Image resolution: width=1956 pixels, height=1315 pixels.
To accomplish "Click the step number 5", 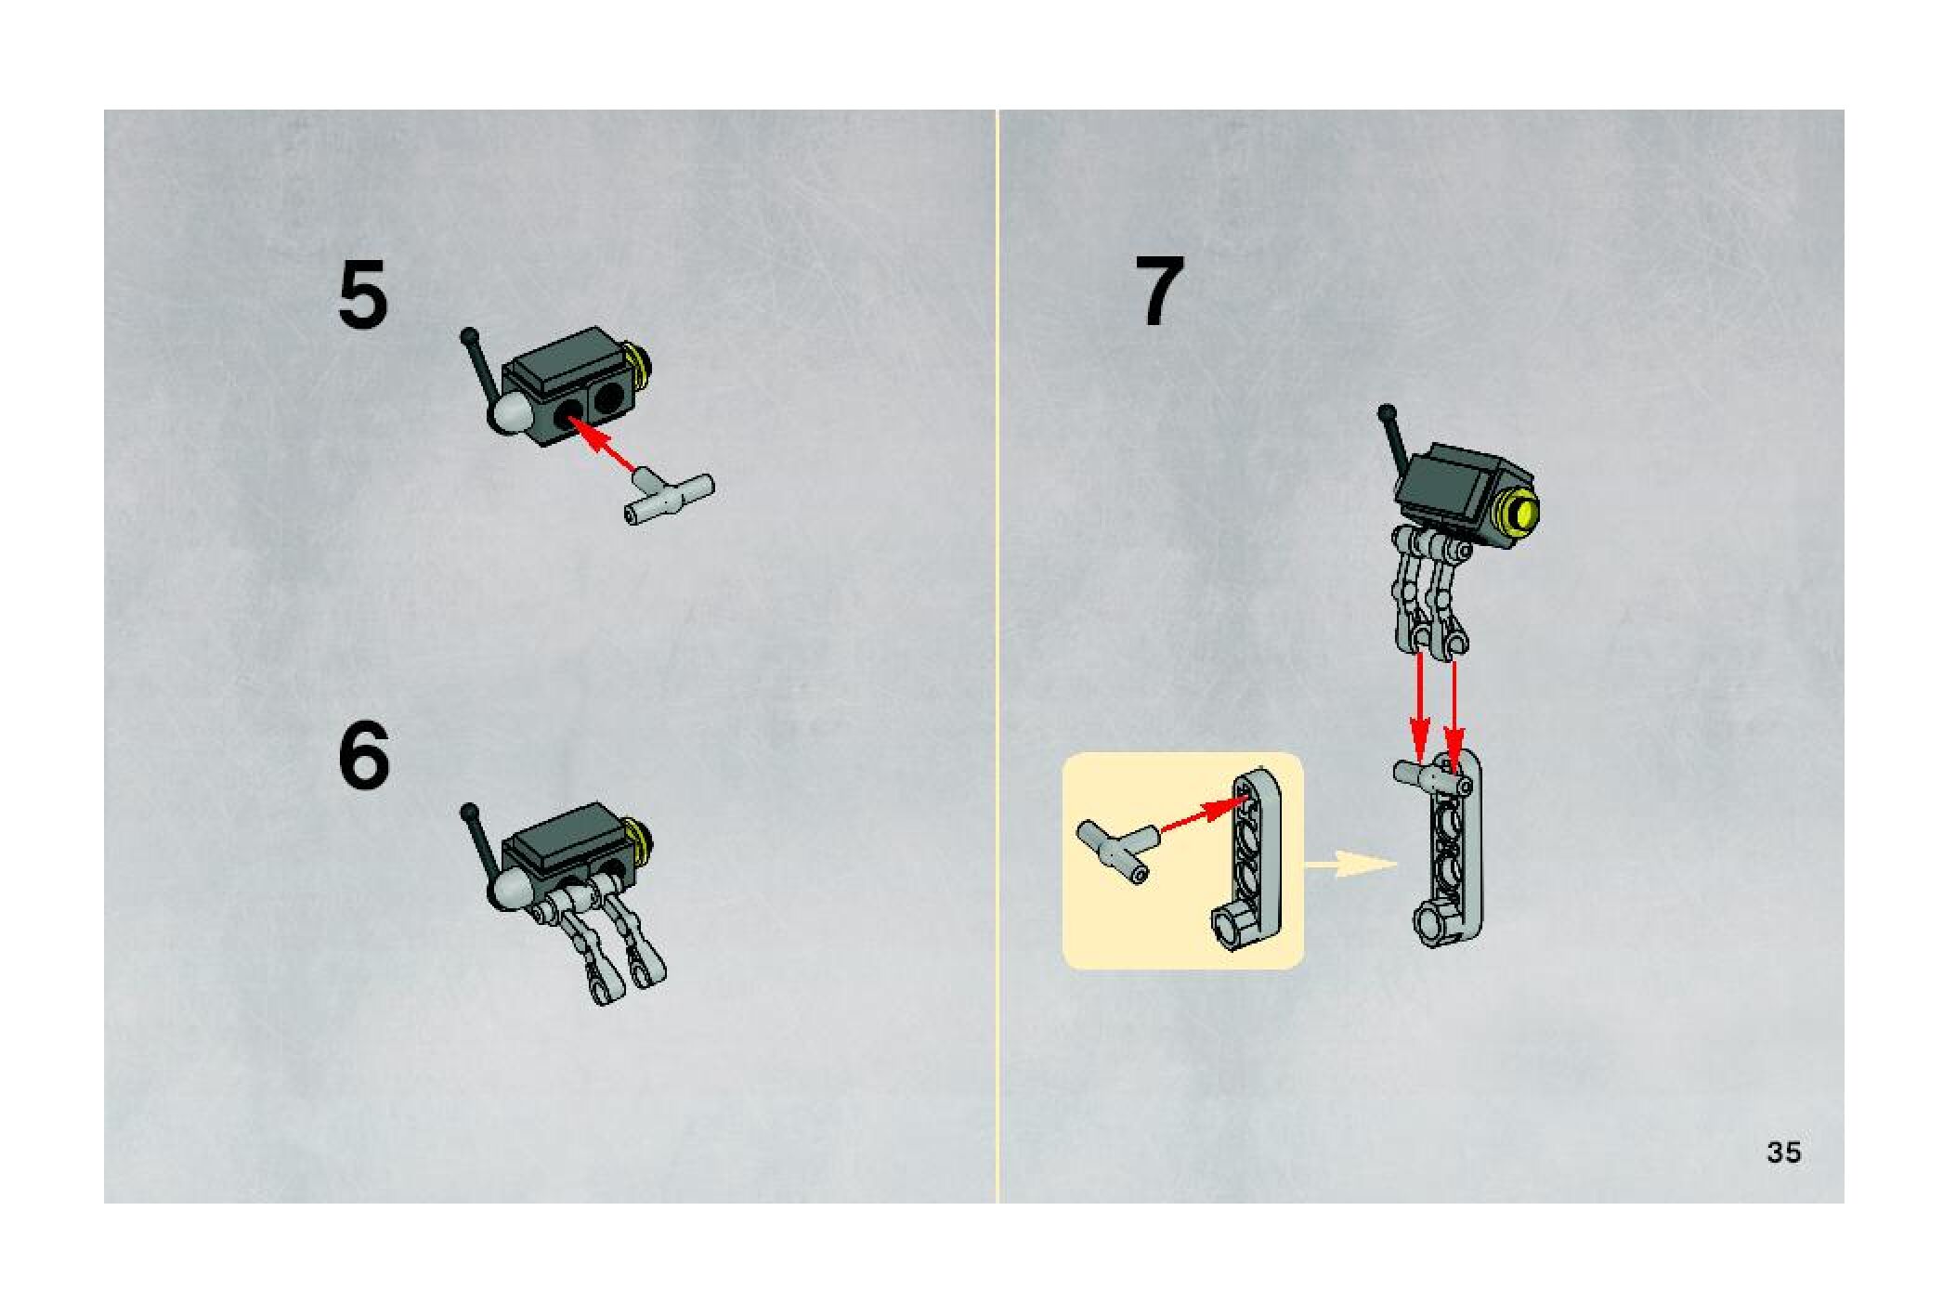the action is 362,294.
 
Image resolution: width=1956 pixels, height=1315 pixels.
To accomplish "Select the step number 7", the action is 1160,291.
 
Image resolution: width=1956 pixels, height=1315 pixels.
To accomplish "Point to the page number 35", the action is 1783,1152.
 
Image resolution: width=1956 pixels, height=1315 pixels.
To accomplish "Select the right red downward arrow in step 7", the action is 1454,715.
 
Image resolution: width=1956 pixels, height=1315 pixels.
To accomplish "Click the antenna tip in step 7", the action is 1388,411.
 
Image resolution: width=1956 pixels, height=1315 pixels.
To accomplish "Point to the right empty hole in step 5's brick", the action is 609,399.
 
